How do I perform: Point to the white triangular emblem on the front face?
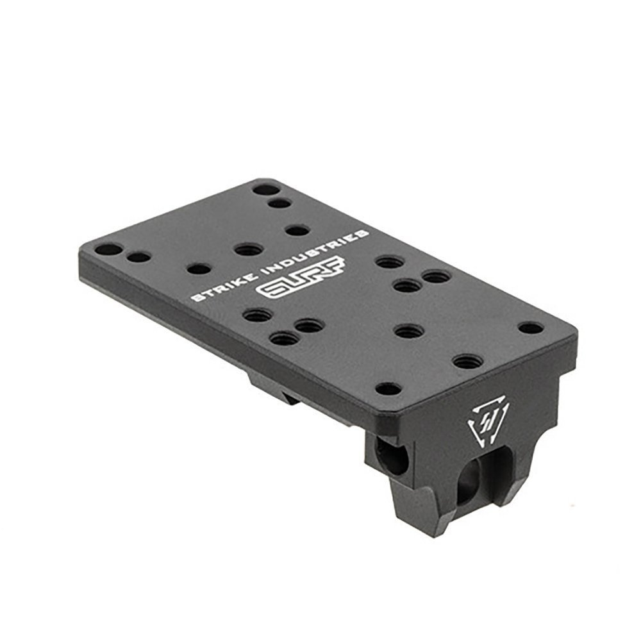pos(488,422)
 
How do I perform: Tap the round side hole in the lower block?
pos(392,456)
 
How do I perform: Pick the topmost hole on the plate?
pos(266,190)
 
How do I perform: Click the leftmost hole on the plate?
pos(108,250)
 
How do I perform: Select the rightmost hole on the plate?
pos(531,328)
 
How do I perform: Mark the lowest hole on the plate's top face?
pos(388,389)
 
